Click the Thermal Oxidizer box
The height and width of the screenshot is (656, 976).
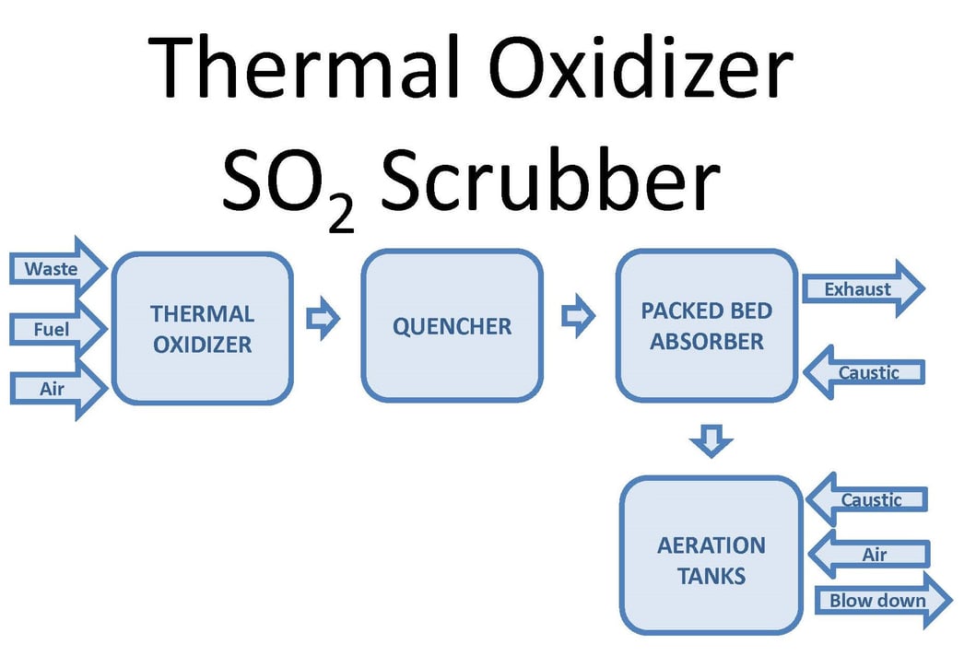(x=202, y=328)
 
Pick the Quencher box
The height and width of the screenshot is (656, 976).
(x=452, y=326)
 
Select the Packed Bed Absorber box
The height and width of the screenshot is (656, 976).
(x=706, y=326)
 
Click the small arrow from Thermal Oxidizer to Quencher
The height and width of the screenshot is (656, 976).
(x=323, y=320)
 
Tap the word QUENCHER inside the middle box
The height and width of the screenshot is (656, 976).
(x=452, y=326)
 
